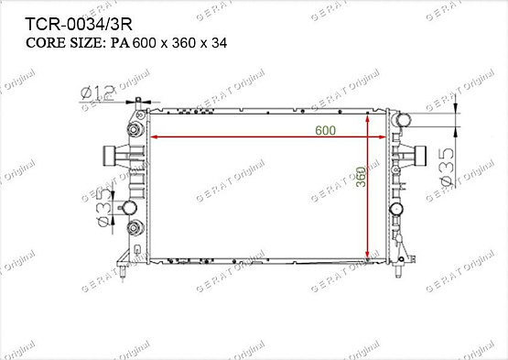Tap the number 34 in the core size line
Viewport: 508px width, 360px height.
coord(215,42)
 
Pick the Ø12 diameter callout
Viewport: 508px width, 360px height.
coord(96,92)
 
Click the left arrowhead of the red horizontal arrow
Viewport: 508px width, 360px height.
coord(153,137)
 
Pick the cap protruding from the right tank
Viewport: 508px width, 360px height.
coord(418,157)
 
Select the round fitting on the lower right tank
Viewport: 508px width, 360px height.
coord(397,210)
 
